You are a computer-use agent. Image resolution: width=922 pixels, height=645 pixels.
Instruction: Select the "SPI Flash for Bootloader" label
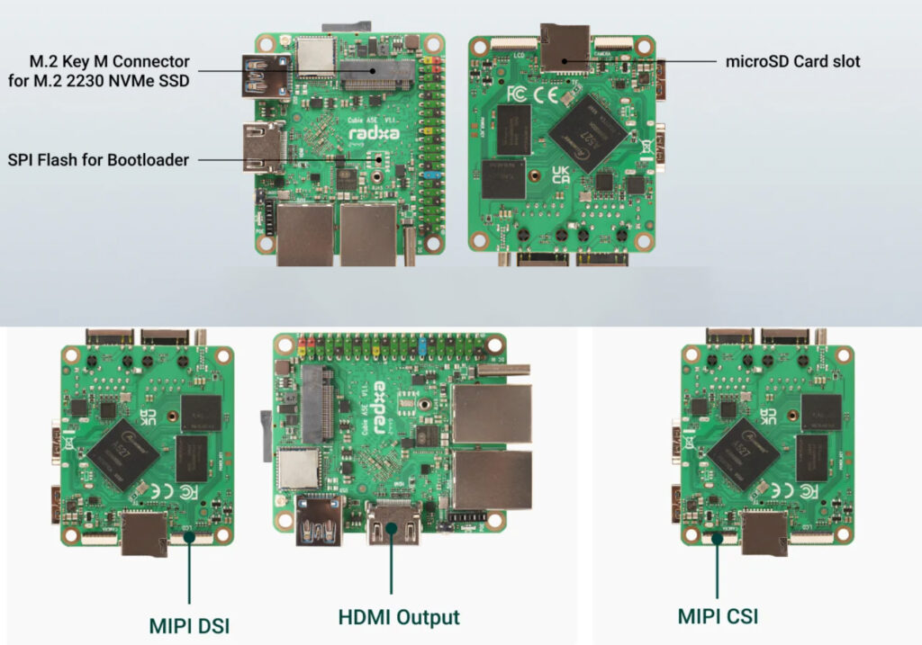[98, 160]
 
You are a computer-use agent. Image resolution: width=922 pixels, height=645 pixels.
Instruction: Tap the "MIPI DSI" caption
[189, 624]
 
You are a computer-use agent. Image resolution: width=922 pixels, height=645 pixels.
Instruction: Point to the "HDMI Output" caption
[399, 618]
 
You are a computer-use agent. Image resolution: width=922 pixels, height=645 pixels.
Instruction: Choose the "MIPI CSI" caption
[718, 617]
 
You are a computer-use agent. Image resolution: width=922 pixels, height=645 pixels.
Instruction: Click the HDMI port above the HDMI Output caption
[392, 524]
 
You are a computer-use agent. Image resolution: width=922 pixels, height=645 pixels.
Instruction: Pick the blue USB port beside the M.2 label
[263, 74]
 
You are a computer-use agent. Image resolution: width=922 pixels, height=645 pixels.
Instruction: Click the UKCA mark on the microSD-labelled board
[559, 175]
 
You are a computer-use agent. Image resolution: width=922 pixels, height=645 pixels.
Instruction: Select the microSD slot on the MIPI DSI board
[144, 533]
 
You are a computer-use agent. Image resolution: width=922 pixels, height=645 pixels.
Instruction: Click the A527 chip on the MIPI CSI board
[743, 452]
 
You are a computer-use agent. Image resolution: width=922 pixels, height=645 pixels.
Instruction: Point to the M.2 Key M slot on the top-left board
[377, 70]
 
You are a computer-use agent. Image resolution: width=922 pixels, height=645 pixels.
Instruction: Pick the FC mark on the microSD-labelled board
[517, 93]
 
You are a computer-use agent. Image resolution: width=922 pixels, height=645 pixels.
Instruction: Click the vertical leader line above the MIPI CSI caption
[718, 569]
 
